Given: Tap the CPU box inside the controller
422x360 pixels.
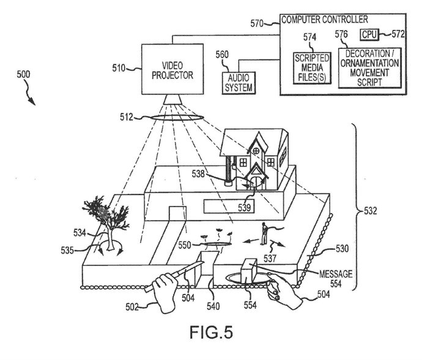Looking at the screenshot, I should (368, 34).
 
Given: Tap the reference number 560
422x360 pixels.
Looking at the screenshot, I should (221, 54).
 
